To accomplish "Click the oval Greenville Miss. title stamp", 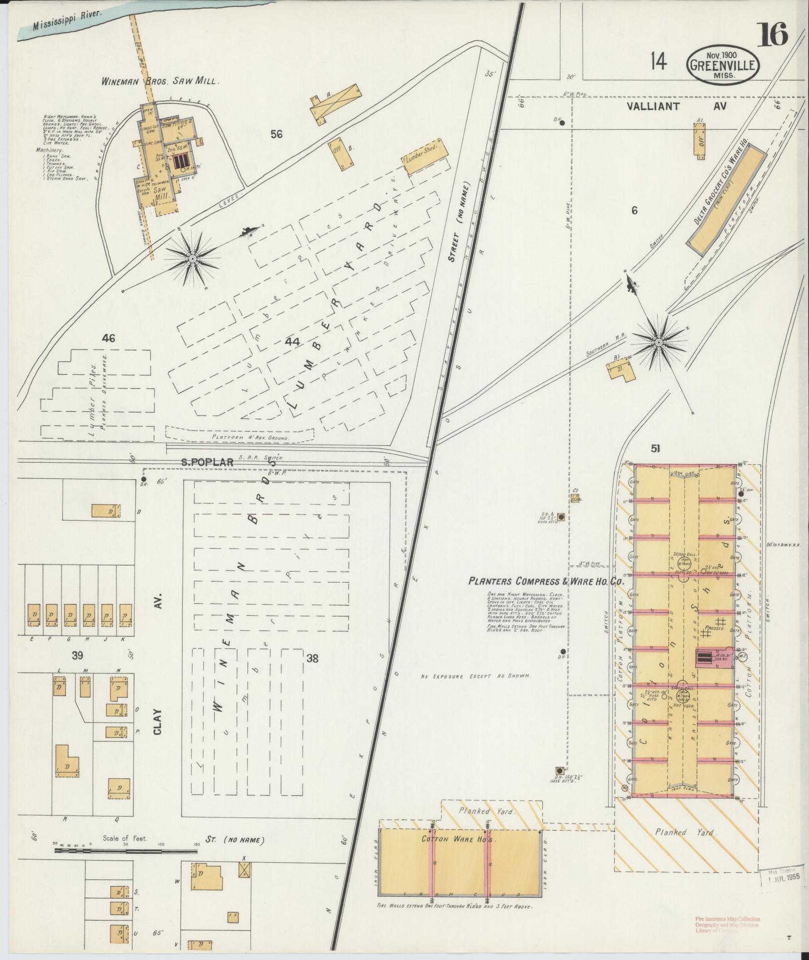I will click(x=722, y=65).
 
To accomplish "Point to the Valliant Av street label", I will click(x=677, y=106).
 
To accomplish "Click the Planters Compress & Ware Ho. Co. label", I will click(x=546, y=581).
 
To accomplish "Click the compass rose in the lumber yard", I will click(x=192, y=258).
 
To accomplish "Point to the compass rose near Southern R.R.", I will click(x=658, y=342).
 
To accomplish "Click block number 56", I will click(x=276, y=134).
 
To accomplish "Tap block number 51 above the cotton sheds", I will click(x=655, y=449).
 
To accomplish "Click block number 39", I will click(x=77, y=655).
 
